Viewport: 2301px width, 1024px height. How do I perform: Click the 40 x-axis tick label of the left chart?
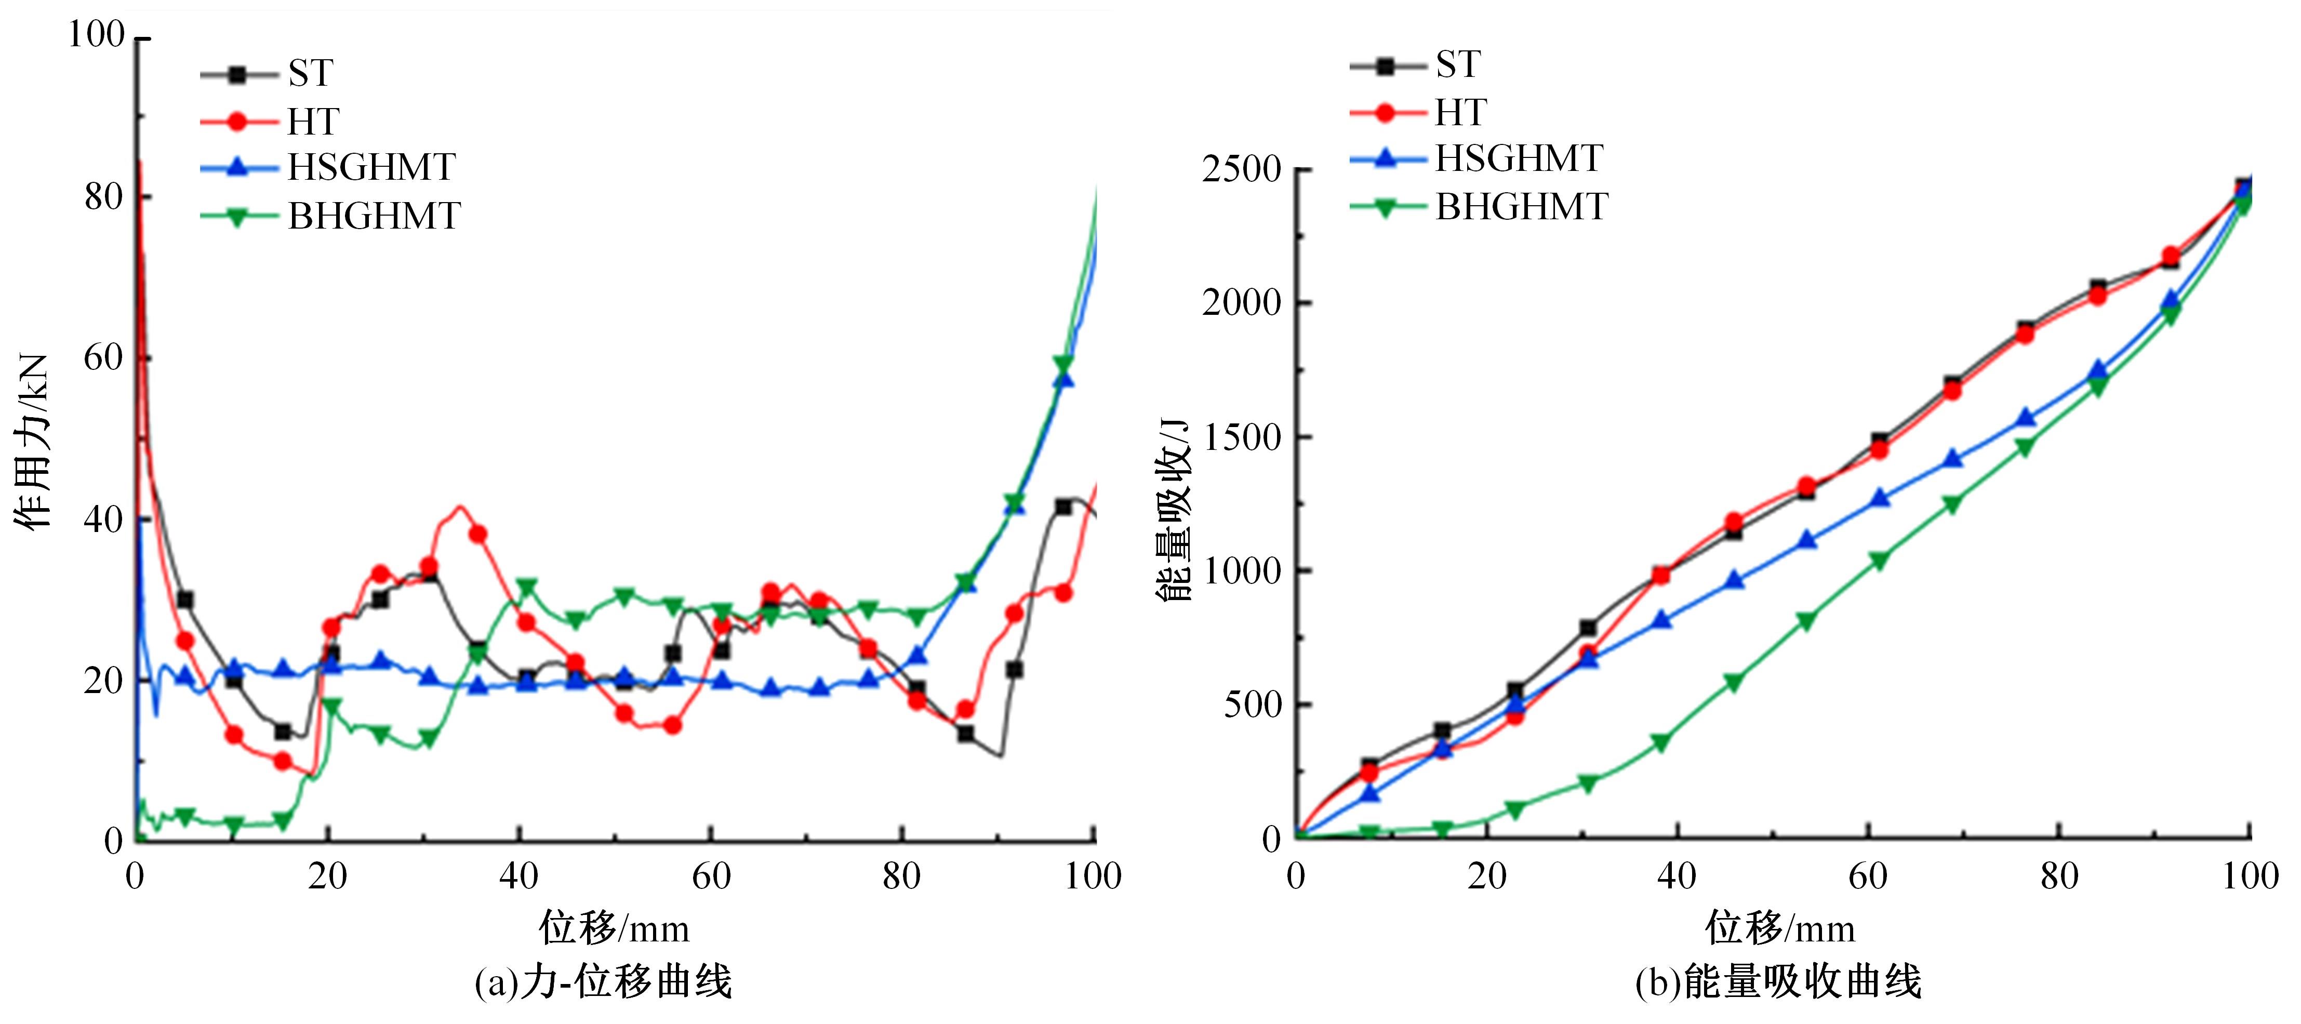click(519, 876)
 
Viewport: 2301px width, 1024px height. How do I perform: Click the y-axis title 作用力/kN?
click(32, 442)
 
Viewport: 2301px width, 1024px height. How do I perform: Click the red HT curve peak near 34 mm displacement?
click(460, 508)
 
